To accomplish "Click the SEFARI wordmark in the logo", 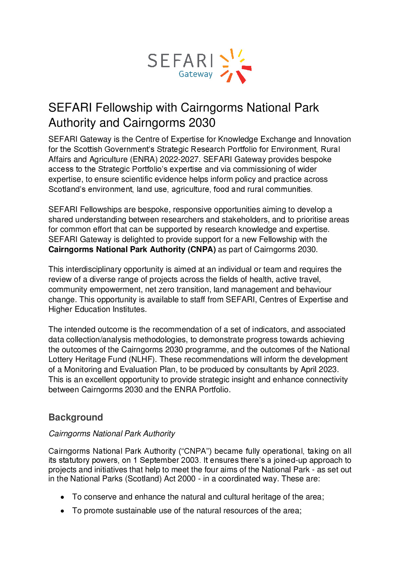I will click(180, 61).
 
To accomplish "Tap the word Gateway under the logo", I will click(195, 74).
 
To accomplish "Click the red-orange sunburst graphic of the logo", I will click(236, 66).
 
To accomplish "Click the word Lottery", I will click(61, 360).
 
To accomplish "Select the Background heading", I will click(76, 417).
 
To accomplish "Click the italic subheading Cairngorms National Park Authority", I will click(112, 434).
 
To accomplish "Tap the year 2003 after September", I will click(190, 460).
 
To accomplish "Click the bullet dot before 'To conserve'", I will click(62, 497).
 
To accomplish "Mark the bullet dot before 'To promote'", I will click(62, 511).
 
